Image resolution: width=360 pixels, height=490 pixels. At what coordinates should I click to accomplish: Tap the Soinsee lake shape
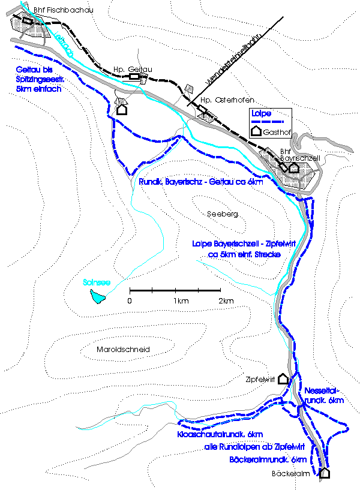97,296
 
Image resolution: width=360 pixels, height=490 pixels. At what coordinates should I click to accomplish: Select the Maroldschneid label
122,349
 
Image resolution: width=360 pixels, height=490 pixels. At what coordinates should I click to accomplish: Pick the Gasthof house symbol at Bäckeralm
325,473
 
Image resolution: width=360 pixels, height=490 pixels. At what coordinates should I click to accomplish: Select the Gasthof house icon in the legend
256,130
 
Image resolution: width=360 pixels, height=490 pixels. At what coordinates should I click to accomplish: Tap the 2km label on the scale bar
225,300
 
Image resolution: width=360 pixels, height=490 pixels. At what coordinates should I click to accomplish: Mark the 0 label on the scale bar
130,300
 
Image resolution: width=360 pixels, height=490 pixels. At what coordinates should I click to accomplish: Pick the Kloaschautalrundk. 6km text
221,434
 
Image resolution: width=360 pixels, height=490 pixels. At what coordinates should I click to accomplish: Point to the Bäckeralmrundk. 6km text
269,459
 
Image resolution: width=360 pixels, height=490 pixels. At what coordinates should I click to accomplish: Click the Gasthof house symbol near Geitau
122,109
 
